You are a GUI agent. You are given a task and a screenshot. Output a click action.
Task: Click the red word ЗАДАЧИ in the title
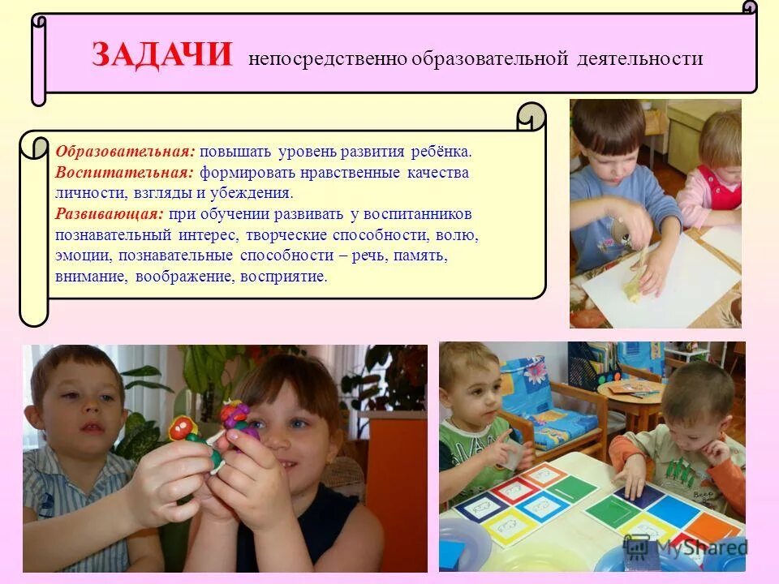161,55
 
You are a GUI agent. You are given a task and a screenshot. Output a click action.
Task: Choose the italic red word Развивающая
109,214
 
